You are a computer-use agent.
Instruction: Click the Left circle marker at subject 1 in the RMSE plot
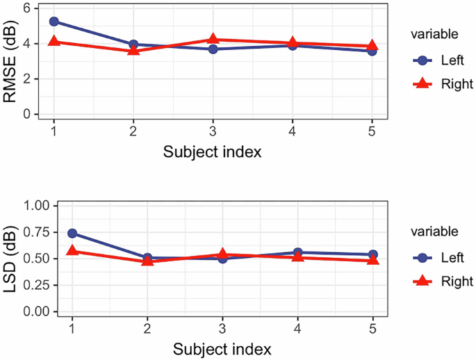[54, 22]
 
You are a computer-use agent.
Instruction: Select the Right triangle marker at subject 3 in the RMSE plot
[213, 40]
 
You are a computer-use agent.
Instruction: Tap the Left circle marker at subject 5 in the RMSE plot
[372, 51]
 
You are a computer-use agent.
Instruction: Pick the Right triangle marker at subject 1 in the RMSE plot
[54, 42]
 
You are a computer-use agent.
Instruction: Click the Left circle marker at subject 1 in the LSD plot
[72, 234]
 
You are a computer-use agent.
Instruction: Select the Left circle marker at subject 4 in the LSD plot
[297, 253]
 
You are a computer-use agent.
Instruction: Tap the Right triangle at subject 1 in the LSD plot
[72, 251]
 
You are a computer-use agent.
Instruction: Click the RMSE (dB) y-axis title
[11, 61]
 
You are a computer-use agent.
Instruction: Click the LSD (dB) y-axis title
[11, 259]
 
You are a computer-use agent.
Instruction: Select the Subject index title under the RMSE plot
[213, 152]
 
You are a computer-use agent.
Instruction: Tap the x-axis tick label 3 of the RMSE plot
[213, 131]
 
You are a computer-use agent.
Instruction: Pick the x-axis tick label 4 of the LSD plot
[297, 327]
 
